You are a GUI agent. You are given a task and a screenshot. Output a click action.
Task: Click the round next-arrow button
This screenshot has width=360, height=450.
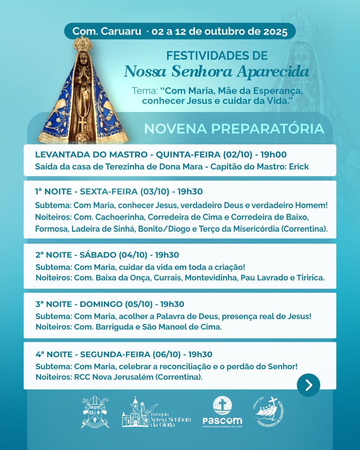[x=308, y=385]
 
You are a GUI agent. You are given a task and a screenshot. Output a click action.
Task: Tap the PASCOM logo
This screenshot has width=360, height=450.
[x=222, y=412]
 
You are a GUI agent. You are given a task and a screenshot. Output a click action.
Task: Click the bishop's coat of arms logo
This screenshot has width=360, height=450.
[x=95, y=412]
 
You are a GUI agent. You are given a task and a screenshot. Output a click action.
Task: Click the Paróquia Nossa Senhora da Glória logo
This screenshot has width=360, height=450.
[x=156, y=413]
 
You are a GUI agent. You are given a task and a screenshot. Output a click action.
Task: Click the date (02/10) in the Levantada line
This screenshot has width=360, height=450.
[x=238, y=155]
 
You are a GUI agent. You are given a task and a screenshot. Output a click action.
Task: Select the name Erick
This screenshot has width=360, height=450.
[x=299, y=167]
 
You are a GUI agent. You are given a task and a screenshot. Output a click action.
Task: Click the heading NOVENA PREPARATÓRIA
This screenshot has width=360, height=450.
[x=234, y=129]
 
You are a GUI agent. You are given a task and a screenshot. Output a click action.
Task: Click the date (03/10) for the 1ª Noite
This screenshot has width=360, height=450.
[x=155, y=192]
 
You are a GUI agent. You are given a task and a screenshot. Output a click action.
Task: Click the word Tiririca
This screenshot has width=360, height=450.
[x=310, y=278]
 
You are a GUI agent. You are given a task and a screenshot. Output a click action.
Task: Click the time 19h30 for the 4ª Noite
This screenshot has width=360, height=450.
[x=200, y=354]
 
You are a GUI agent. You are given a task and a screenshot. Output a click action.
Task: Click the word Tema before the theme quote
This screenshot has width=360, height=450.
[x=144, y=91]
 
